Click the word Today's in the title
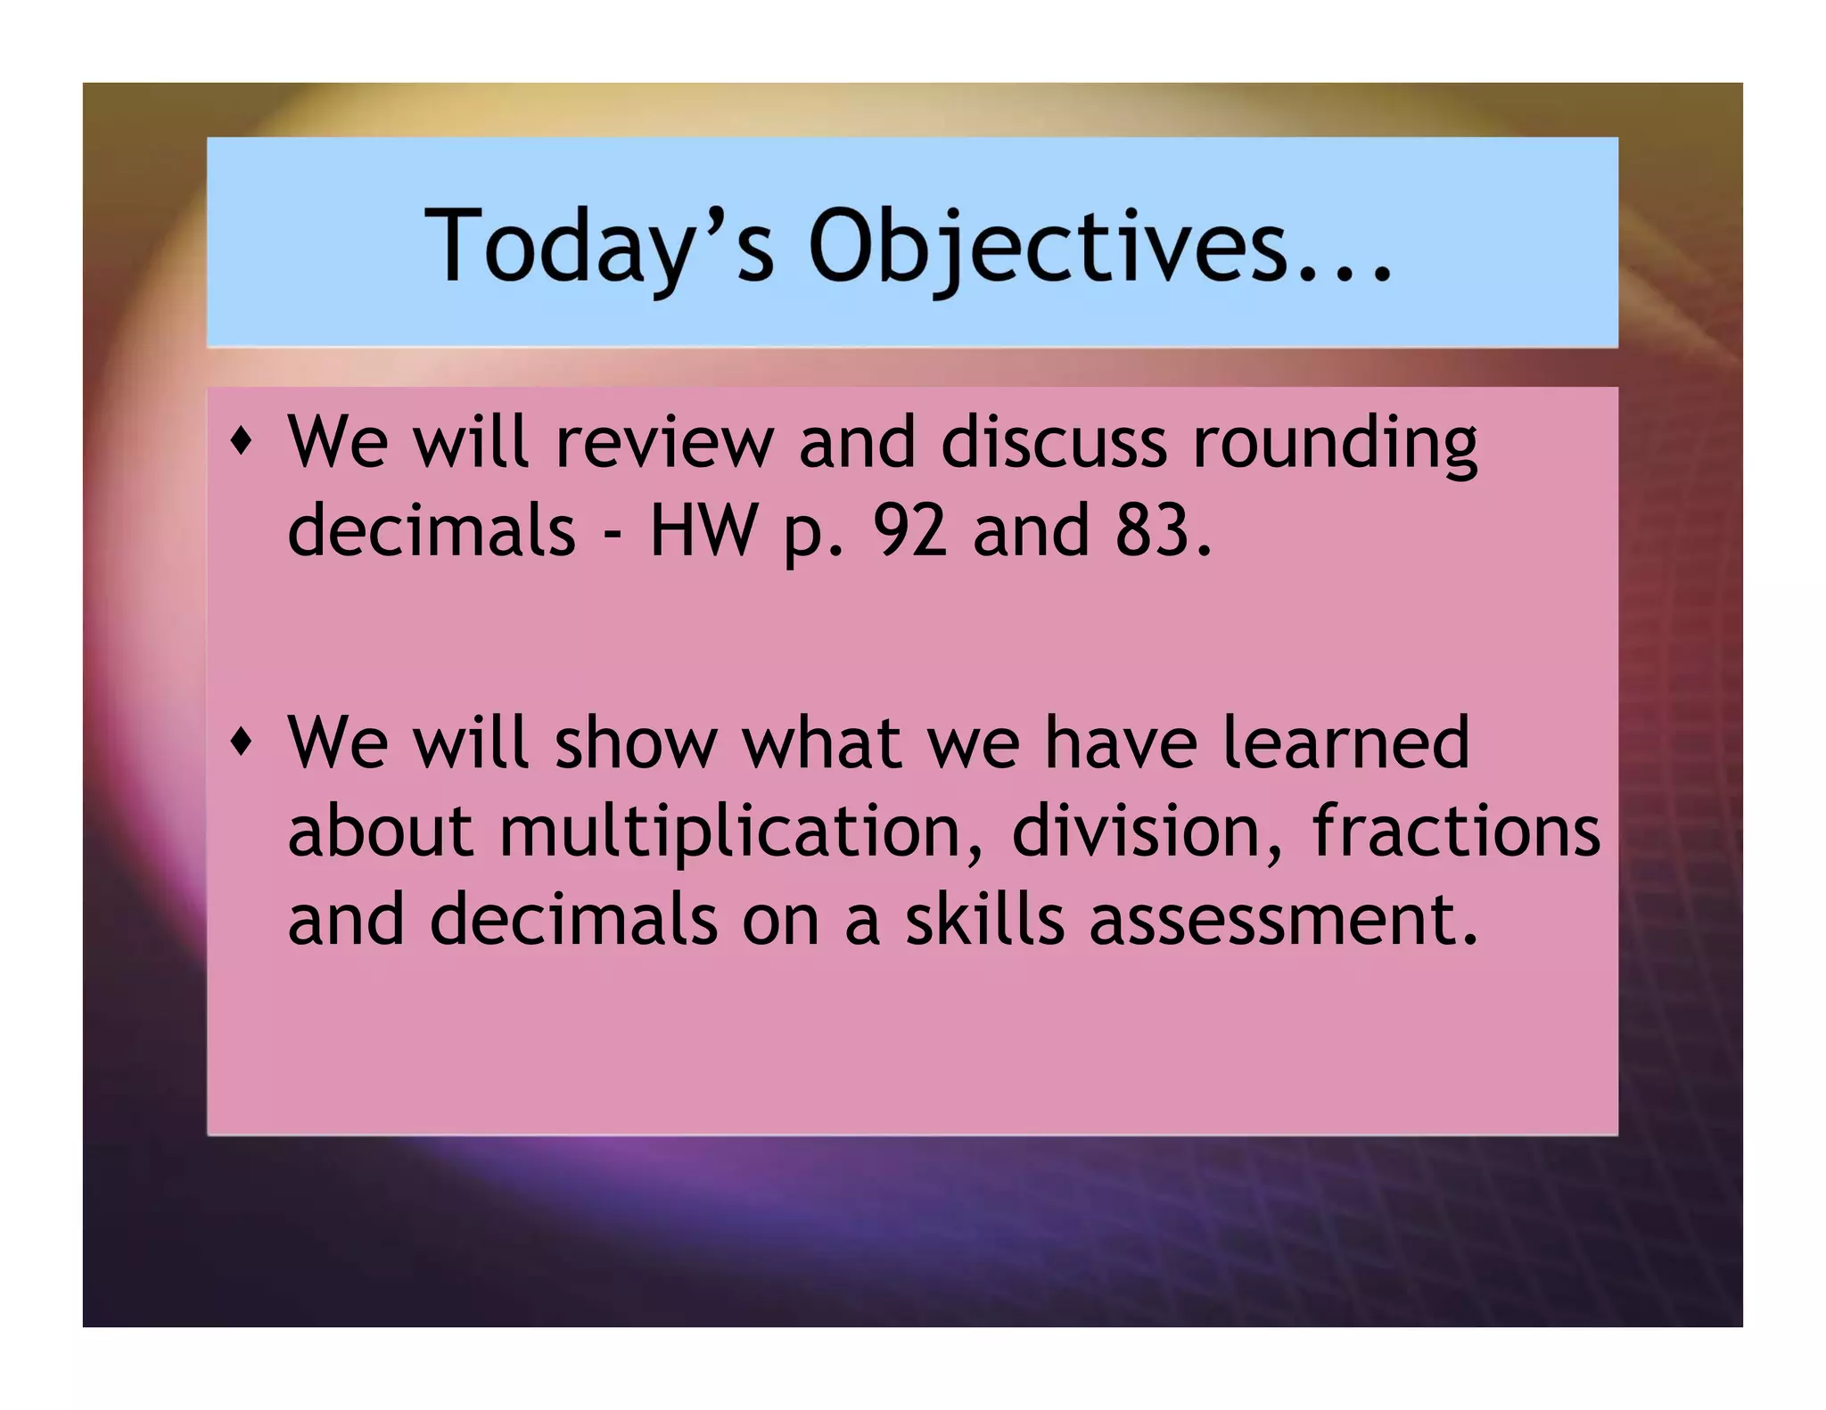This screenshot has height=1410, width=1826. pyautogui.click(x=597, y=246)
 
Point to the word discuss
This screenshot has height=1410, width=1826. pyautogui.click(x=1053, y=443)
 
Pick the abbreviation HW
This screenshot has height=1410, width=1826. pyautogui.click(x=701, y=530)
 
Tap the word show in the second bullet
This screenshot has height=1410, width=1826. pyautogui.click(x=636, y=742)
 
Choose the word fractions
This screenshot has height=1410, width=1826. pyautogui.click(x=1455, y=831)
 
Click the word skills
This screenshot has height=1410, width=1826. pyautogui.click(x=983, y=919)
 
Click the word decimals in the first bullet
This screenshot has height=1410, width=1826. pyautogui.click(x=432, y=530)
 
